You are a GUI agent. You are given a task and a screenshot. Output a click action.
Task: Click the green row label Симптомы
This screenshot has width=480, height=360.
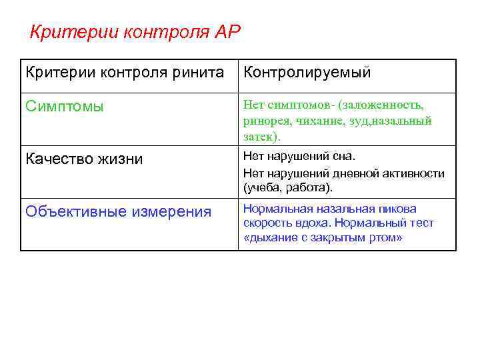point(64,106)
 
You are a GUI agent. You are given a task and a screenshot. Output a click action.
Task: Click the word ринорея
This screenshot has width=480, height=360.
point(264,121)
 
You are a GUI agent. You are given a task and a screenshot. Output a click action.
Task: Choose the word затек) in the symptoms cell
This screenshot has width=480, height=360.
point(262,136)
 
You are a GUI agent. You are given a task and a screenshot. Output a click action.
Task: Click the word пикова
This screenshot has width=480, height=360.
point(396,209)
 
